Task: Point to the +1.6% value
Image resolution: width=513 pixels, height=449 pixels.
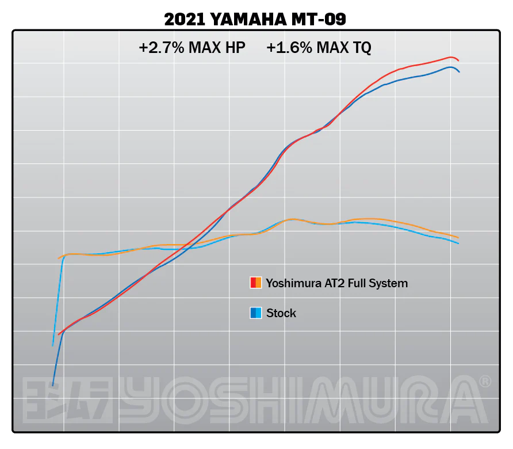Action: tap(289, 48)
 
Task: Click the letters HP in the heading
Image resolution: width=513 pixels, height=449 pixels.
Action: tap(235, 48)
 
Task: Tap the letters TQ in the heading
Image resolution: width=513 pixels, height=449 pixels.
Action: tap(361, 48)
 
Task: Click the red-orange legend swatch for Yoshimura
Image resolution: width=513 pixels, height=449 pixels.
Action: tap(256, 283)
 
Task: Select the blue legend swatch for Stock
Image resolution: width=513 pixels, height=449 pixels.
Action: tap(256, 313)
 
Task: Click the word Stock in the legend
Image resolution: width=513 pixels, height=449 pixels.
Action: tap(281, 313)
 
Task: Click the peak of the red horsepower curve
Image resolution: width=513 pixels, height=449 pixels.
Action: tap(451, 57)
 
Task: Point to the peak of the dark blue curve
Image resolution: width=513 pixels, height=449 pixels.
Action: tap(450, 67)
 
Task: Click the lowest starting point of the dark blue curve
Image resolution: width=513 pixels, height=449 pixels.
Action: tap(52, 385)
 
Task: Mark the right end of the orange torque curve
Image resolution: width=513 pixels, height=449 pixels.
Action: tap(458, 237)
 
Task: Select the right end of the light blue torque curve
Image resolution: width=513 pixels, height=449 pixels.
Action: tap(458, 243)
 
